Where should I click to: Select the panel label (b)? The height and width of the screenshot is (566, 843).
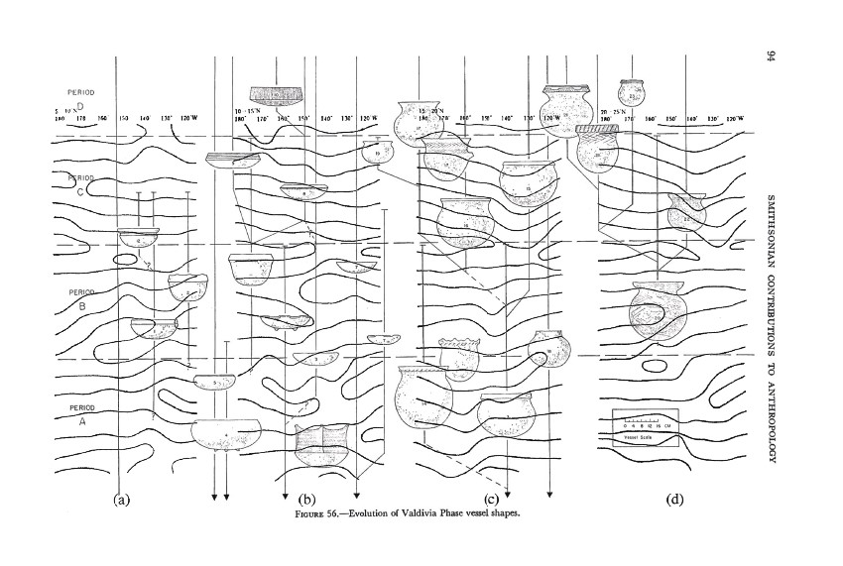[306, 500]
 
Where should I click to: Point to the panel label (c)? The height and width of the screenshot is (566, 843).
[490, 500]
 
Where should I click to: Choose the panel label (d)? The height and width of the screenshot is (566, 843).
[675, 500]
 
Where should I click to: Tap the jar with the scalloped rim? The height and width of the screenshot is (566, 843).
[458, 357]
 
